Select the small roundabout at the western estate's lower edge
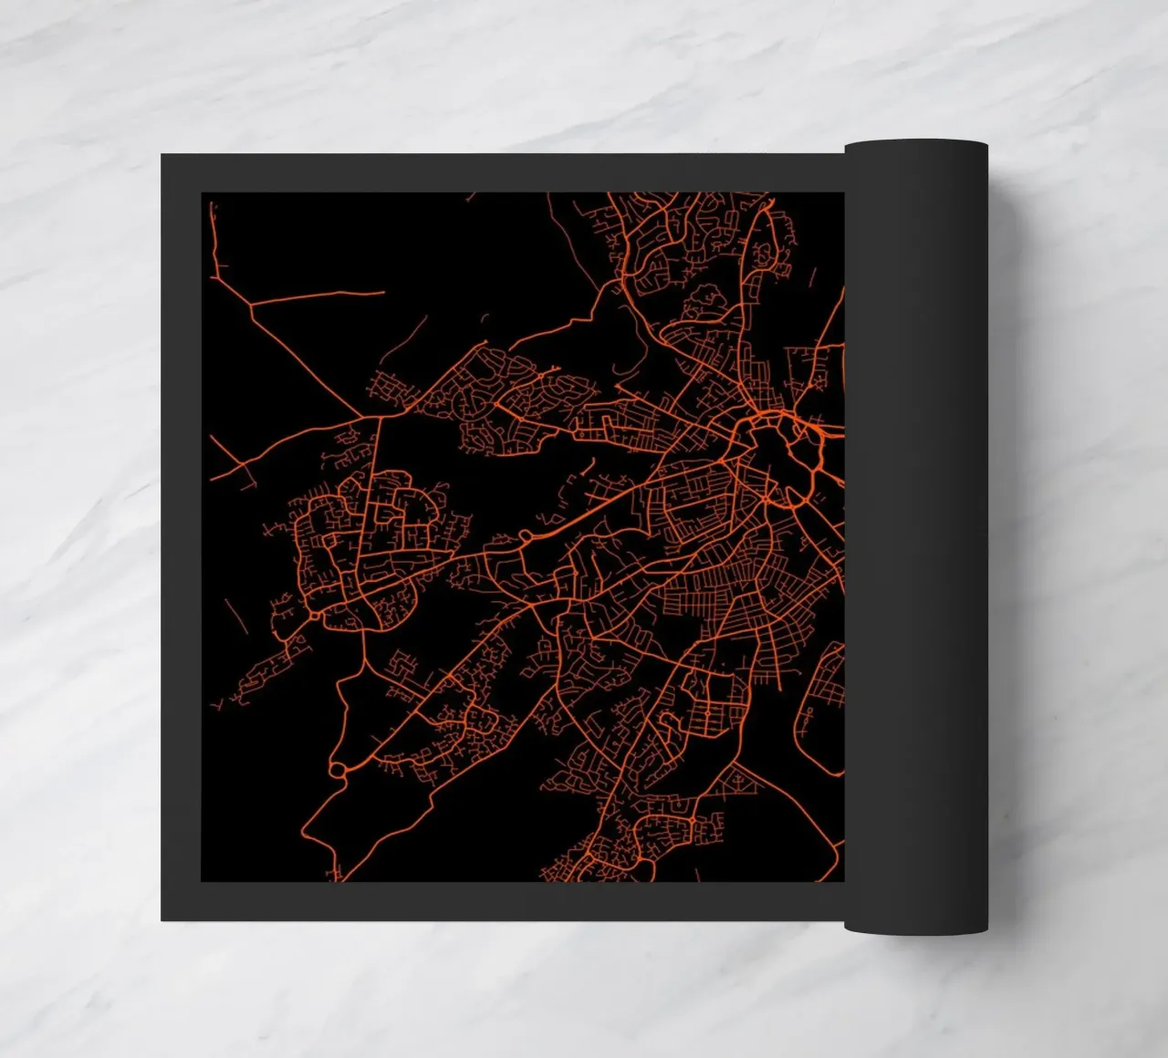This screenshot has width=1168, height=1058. click(x=316, y=617)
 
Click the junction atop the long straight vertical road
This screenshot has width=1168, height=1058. click(x=379, y=416)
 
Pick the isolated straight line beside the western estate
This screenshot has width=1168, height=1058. click(x=235, y=617)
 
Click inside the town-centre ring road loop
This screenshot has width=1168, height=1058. click(x=776, y=456)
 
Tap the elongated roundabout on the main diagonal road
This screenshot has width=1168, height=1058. click(x=527, y=535)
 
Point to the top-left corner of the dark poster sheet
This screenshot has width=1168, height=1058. click(x=162, y=155)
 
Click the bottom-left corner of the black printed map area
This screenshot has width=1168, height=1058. click(x=202, y=881)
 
